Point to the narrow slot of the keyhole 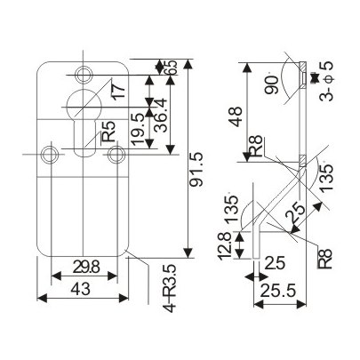[x=84, y=142]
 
